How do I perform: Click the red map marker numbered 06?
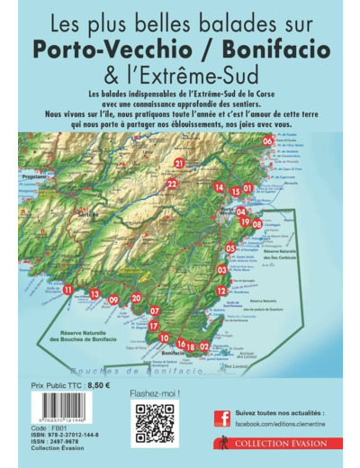[268, 141]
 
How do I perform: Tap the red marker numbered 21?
[179, 163]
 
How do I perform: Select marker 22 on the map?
[172, 184]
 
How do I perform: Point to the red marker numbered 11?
[67, 289]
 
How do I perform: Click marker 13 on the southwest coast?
[94, 294]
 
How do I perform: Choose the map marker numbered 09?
[113, 300]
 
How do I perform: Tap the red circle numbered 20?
[136, 298]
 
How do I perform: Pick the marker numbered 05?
[230, 247]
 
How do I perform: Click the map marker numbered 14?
[219, 187]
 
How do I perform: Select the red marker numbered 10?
[164, 337]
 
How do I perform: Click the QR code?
[156, 423]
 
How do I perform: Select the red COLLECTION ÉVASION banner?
[278, 444]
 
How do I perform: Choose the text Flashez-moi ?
[156, 392]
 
